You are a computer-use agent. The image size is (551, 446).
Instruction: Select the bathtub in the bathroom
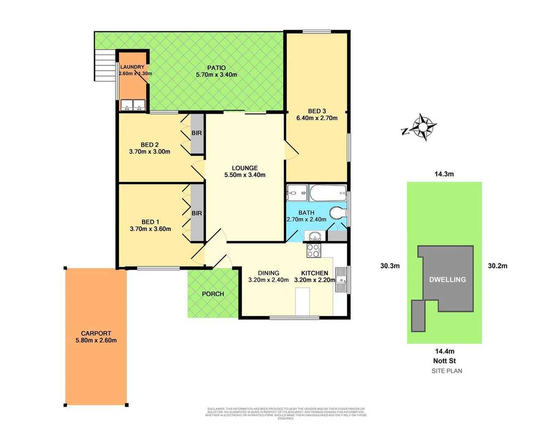(x=328, y=192)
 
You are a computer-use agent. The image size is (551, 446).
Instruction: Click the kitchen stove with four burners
(x=313, y=250)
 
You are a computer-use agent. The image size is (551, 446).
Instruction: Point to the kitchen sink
(x=341, y=280)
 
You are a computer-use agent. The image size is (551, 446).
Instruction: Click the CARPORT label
(x=96, y=333)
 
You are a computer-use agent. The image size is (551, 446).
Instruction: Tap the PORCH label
(x=213, y=294)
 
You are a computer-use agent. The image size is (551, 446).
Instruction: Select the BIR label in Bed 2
(x=197, y=133)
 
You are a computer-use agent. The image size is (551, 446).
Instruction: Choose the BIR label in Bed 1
(x=197, y=213)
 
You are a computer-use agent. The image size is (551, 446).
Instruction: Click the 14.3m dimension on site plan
(x=444, y=174)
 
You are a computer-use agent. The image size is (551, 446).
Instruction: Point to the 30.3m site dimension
(x=390, y=266)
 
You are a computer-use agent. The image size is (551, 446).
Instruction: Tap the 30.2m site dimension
(x=497, y=266)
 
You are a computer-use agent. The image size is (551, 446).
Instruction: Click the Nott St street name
(x=444, y=361)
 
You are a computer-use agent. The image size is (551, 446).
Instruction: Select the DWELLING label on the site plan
(x=447, y=280)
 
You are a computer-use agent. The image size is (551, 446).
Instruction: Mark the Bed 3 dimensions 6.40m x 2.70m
(x=317, y=118)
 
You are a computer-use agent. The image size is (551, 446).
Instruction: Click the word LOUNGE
(x=245, y=168)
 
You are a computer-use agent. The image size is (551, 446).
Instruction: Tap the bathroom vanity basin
(x=315, y=237)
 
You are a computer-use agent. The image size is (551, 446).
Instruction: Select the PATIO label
(x=216, y=68)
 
